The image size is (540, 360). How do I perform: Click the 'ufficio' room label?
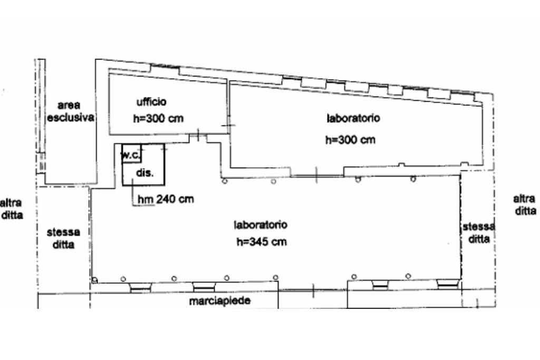[151, 102]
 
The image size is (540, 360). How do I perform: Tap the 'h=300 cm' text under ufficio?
[158, 119]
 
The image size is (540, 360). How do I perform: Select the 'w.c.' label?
[131, 154]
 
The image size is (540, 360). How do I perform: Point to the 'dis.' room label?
[144, 173]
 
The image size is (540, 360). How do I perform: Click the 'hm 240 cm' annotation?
[166, 199]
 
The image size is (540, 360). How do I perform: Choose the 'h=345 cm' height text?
[262, 241]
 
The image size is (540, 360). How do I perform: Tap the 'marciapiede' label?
[220, 301]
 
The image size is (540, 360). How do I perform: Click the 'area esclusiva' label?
[71, 111]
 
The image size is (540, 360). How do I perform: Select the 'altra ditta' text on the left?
[12, 209]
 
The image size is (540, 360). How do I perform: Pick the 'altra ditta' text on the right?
[525, 205]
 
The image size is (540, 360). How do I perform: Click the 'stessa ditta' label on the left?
[63, 238]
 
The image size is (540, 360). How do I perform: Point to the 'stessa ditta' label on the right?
[479, 232]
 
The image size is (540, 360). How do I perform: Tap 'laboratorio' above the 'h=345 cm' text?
[261, 225]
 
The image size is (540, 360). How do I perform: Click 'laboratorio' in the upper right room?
[353, 119]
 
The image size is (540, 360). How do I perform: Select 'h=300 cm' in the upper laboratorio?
[350, 140]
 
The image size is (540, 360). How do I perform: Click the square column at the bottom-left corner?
[95, 280]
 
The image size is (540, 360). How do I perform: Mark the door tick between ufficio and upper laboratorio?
[229, 125]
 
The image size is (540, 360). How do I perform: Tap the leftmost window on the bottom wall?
[141, 288]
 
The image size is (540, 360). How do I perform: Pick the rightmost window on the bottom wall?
[448, 284]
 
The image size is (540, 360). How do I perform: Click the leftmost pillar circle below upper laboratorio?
[225, 181]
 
